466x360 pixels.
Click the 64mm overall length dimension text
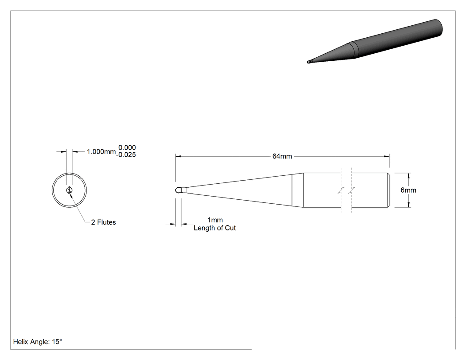click(x=282, y=156)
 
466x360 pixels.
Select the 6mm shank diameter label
click(x=408, y=190)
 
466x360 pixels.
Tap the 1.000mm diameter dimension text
click(x=101, y=152)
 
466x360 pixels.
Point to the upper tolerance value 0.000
click(x=127, y=147)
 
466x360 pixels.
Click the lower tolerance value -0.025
click(x=126, y=154)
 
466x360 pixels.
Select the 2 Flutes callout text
click(x=103, y=222)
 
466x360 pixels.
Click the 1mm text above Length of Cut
click(x=215, y=220)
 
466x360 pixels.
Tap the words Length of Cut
click(x=214, y=228)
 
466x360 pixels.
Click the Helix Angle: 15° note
click(x=37, y=342)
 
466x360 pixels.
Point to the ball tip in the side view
click(x=178, y=190)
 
